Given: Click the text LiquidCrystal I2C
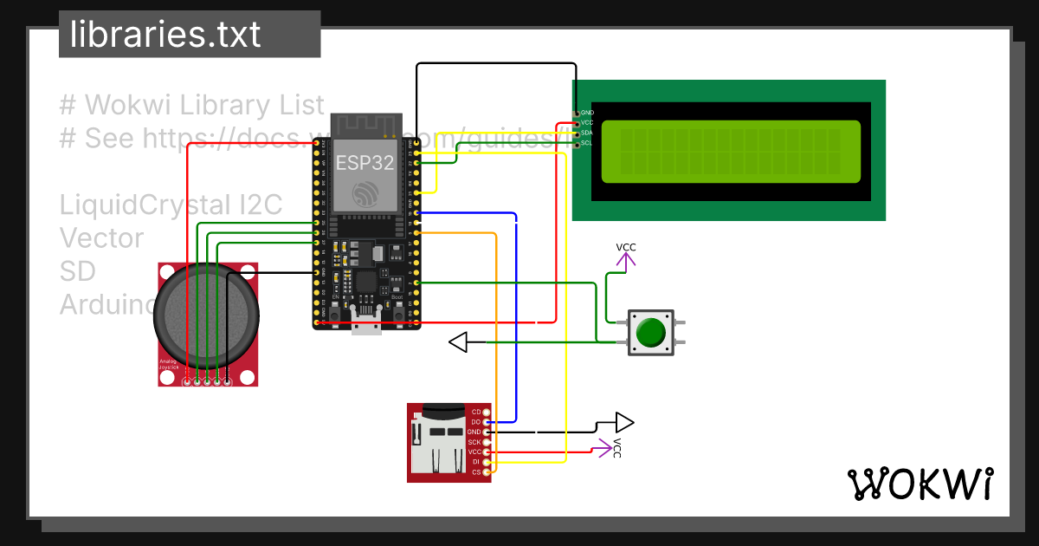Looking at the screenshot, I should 171,205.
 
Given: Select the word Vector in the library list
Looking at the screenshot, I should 101,238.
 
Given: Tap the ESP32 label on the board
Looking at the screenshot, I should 365,163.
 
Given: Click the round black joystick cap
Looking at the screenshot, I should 206,315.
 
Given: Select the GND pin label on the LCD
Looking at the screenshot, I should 587,113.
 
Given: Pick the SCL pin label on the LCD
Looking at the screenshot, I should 586,143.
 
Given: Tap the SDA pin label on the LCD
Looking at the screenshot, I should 586,133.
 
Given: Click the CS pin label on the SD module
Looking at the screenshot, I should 475,472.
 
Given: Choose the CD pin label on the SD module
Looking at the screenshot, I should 475,412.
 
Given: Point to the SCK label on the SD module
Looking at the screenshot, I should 474,442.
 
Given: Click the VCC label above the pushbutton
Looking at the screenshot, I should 626,248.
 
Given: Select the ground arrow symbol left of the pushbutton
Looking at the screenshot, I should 459,342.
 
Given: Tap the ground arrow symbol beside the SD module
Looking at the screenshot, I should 623,423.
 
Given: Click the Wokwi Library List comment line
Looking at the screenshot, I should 192,106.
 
